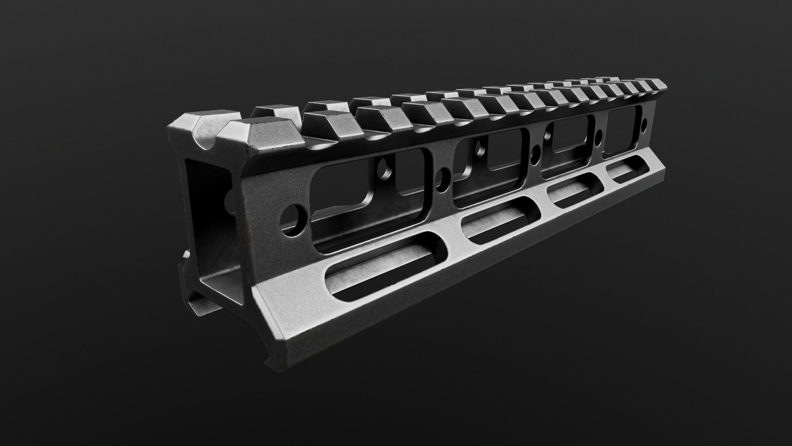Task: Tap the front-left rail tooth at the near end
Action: tap(186, 124)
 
